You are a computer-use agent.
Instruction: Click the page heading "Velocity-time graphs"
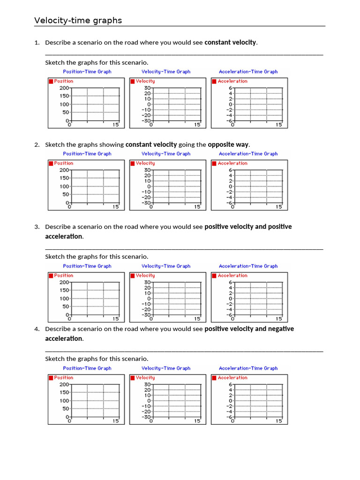(x=78, y=21)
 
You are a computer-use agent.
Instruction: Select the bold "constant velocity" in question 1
(x=231, y=42)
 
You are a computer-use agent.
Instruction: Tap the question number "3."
(x=37, y=227)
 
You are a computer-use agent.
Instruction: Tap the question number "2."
(x=37, y=145)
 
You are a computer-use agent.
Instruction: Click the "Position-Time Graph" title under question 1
(x=87, y=72)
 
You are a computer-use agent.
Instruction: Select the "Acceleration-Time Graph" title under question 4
(x=248, y=368)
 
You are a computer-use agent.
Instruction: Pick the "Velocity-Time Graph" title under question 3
(x=166, y=266)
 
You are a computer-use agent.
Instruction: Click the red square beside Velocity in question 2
(x=133, y=164)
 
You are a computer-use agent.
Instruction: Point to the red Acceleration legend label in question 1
(x=232, y=82)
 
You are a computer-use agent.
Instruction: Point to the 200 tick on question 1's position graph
(x=64, y=88)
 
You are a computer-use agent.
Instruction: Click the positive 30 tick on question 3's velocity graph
(x=147, y=283)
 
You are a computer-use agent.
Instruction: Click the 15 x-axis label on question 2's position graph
(x=116, y=207)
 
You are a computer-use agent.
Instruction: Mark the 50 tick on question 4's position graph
(x=65, y=409)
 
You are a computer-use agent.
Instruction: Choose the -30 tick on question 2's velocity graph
(x=146, y=203)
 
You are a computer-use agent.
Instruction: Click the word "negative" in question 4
(x=281, y=329)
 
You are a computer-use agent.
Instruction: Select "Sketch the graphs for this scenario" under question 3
(x=97, y=257)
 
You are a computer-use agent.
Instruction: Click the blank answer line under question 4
(x=184, y=351)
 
